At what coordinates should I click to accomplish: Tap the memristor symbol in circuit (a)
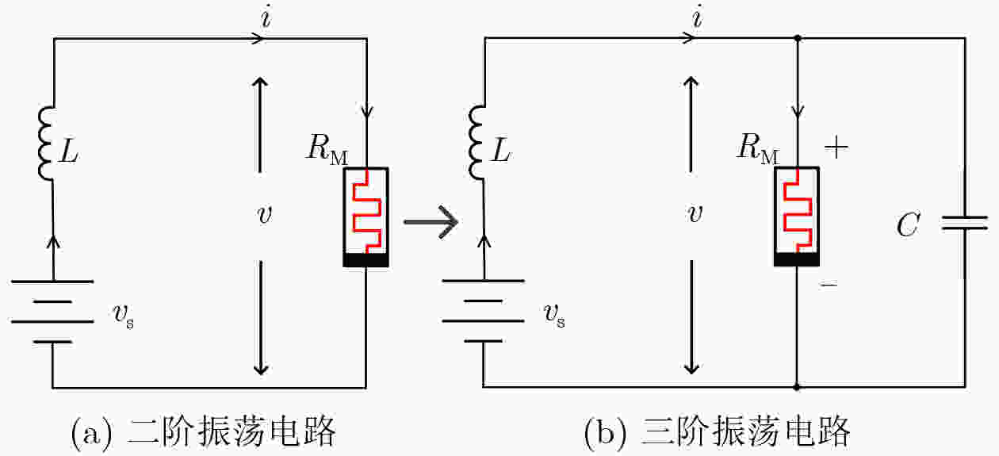[366, 217]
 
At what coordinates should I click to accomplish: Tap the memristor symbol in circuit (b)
[797, 217]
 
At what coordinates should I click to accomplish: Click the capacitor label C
[908, 226]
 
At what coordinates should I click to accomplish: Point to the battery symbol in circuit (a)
[52, 310]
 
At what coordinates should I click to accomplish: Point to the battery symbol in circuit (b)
[483, 310]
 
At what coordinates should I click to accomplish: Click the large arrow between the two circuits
[431, 223]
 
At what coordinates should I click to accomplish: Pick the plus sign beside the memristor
[836, 148]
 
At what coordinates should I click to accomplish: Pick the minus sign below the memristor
[829, 283]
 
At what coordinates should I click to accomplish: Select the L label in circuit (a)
[71, 154]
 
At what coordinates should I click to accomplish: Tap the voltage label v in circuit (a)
[265, 217]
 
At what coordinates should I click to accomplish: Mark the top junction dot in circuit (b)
[797, 37]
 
